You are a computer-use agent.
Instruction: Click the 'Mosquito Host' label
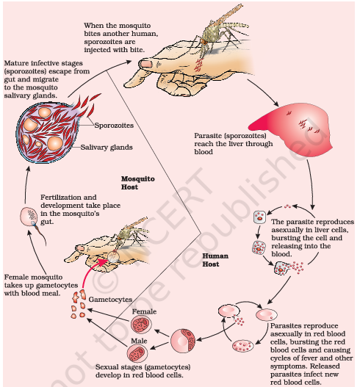(138, 183)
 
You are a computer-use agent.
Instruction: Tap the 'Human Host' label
(215, 260)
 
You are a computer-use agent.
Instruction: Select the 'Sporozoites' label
(114, 126)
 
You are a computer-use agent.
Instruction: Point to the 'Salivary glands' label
(107, 148)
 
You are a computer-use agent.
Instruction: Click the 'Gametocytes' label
(110, 300)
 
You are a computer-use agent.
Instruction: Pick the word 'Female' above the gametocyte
(144, 311)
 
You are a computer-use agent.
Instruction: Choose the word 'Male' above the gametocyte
(139, 341)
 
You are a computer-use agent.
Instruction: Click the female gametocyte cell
(141, 325)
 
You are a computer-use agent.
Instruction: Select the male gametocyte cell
(137, 353)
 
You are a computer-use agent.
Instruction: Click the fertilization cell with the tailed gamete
(29, 217)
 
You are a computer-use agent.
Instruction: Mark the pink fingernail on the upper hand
(145, 64)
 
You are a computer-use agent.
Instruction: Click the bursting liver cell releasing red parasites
(288, 268)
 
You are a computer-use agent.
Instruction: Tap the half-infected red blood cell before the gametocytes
(183, 340)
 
